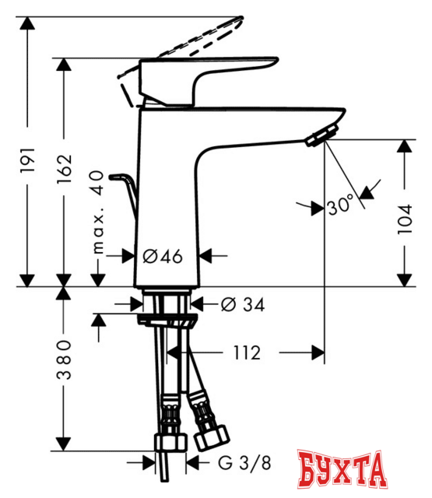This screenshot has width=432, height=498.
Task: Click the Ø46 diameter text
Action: click(163, 254)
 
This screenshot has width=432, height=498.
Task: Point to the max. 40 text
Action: click(97, 215)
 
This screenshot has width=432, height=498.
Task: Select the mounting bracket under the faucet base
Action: click(166, 319)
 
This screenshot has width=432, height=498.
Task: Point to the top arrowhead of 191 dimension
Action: click(30, 23)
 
